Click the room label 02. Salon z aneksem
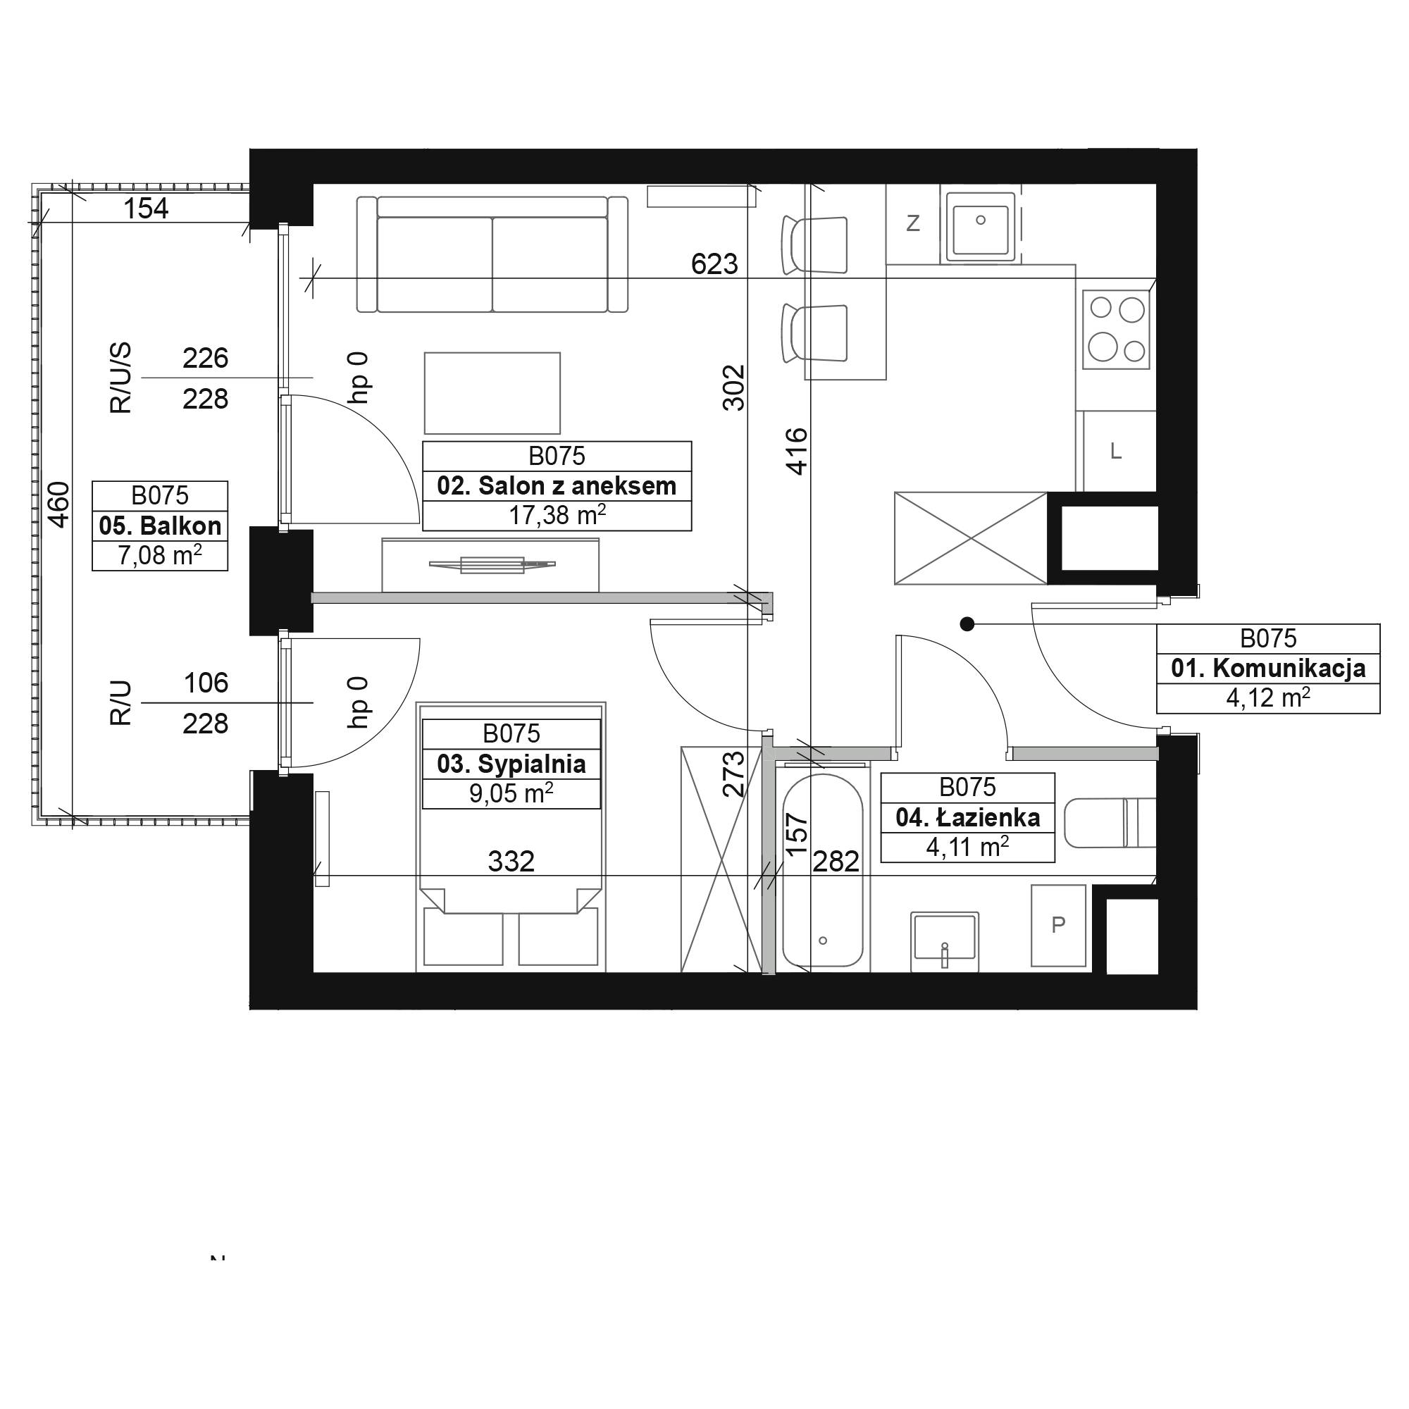[x=557, y=485]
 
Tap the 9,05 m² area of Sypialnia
[x=511, y=793]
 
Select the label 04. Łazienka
[x=968, y=817]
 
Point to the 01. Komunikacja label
[x=1268, y=668]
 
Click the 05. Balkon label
[x=160, y=525]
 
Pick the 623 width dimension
[x=714, y=263]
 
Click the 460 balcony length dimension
[x=58, y=504]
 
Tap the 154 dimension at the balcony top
[x=146, y=209]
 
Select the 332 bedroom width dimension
[x=511, y=862]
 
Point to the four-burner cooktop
[x=1116, y=329]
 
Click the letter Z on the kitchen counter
[x=912, y=223]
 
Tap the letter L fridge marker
[x=1115, y=452]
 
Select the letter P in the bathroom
[x=1058, y=925]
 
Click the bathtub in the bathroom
[x=823, y=871]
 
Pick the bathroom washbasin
[x=945, y=941]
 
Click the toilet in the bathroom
[x=1110, y=823]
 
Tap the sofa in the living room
[x=492, y=254]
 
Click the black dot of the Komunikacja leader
[x=967, y=623]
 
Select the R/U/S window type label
[x=121, y=378]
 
